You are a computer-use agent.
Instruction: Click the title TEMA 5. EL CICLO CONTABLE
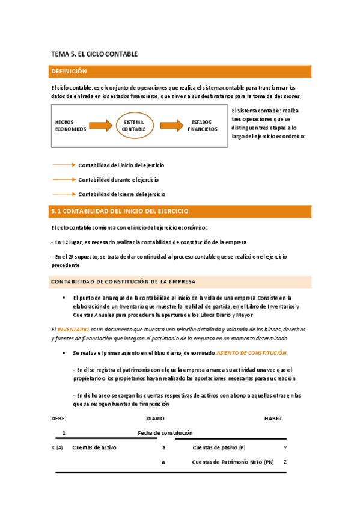(94, 54)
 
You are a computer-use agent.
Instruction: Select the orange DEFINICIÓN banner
(180, 72)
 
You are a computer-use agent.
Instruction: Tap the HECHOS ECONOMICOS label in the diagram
(70, 125)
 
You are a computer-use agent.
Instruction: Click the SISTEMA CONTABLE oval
(133, 125)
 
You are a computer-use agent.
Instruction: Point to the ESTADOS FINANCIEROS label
(202, 125)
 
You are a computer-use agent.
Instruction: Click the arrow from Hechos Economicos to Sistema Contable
(100, 125)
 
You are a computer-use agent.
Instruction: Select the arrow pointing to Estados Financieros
(171, 125)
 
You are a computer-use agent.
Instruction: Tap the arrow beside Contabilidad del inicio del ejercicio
(64, 164)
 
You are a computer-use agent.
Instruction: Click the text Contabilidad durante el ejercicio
(118, 179)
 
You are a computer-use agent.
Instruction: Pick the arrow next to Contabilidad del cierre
(64, 194)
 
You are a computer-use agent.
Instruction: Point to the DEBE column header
(58, 418)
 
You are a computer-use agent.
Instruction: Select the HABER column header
(272, 418)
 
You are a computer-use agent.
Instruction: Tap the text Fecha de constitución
(165, 432)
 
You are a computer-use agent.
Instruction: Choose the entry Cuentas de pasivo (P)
(219, 447)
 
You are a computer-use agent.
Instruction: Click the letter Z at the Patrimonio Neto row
(285, 462)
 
